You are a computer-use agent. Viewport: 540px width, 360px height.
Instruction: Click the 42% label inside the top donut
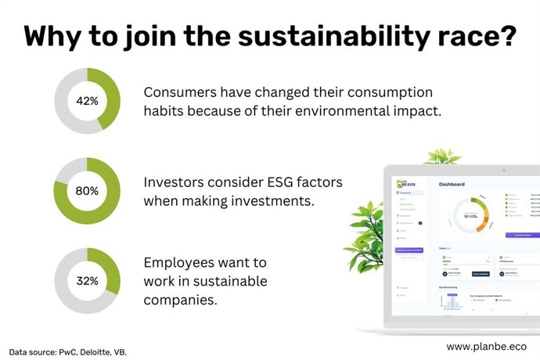tap(87, 101)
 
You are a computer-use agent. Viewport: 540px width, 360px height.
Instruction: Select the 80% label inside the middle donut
tap(87, 190)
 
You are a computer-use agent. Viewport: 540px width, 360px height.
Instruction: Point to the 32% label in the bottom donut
tap(87, 279)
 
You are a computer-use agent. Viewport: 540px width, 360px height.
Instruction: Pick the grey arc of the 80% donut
tap(71, 164)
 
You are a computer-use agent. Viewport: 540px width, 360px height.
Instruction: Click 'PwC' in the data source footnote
tap(69, 351)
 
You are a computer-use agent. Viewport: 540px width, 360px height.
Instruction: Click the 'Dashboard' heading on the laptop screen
tap(452, 185)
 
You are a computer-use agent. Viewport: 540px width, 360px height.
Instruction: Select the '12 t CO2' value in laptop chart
tap(470, 216)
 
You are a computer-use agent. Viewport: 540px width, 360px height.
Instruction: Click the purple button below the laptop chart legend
tap(522, 234)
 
